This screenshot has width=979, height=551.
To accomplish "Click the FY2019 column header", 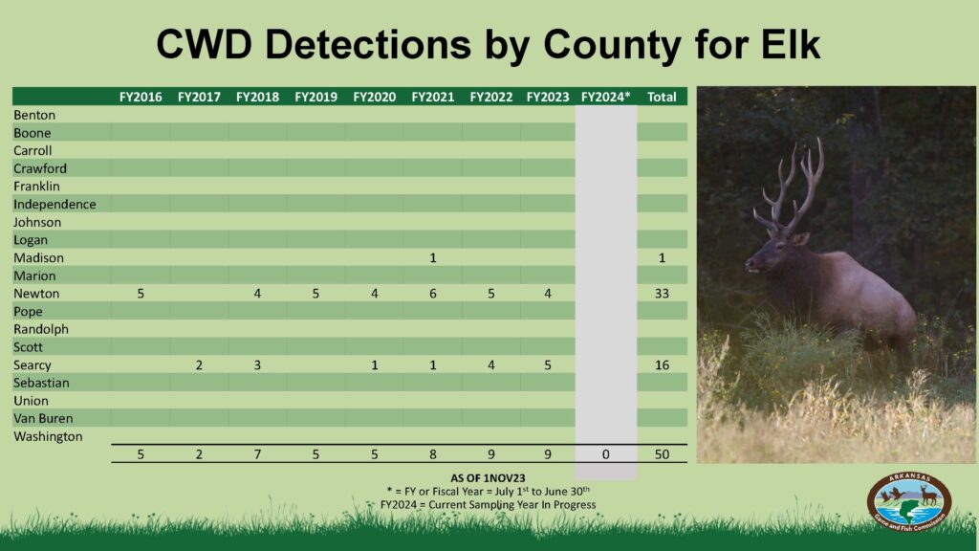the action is pos(315,97).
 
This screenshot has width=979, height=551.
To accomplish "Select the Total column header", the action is pos(662,97).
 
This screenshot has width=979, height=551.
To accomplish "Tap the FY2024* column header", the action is pos(605,97).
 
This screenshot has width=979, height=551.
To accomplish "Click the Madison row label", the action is pos(38,257).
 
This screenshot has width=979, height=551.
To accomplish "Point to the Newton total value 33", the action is pos(662,294).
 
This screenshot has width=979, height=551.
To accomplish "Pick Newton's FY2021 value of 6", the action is pos(433,294).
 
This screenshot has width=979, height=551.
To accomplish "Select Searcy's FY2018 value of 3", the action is pos(257,364).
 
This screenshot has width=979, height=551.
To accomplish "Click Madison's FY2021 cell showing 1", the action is pos(433,257).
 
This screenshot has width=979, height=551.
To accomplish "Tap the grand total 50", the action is pos(662,454).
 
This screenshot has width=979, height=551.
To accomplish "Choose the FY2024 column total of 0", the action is pos(605,454).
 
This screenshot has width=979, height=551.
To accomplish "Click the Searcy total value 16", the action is pos(662,364).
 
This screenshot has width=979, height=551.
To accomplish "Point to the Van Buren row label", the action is pos(43,419).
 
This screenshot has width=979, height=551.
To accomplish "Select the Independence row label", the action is pos(54,205).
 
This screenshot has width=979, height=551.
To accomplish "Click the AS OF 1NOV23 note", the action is pos(488,478).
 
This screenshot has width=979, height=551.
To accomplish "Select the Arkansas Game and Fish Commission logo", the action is pos(909,501).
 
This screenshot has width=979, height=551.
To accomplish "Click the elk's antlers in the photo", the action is pos(789,187).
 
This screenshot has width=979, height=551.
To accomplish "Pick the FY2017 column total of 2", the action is pos(199,454).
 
